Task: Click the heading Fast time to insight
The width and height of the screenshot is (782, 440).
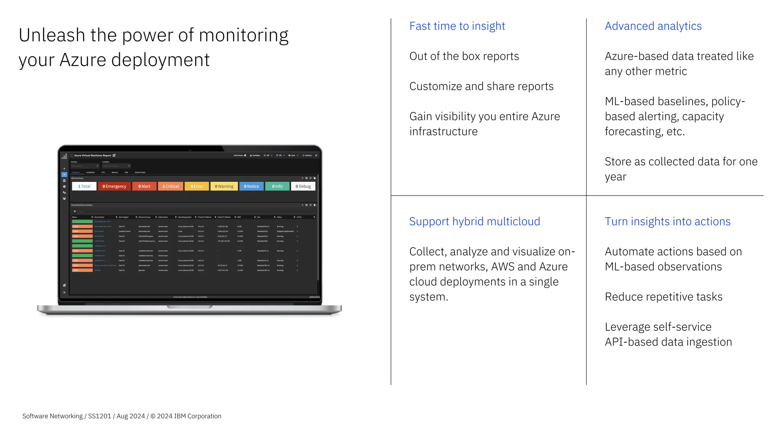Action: point(457,26)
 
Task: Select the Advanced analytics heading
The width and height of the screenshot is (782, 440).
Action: point(653,26)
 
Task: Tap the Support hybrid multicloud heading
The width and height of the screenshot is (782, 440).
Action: point(474,222)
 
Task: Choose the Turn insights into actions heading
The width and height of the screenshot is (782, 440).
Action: point(667,222)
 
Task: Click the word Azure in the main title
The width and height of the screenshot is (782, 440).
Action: point(82,60)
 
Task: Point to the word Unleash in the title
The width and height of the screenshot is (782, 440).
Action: point(52,35)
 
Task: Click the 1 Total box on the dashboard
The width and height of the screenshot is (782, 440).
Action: point(84,186)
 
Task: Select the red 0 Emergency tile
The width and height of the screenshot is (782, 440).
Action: point(114,186)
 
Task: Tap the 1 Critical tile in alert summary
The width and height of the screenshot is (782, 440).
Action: point(170,186)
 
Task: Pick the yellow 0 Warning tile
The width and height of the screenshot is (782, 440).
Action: point(224,186)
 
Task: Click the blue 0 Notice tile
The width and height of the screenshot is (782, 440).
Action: point(251,186)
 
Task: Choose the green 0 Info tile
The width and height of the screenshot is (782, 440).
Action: point(277,186)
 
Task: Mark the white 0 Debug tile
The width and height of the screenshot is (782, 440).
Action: point(303,186)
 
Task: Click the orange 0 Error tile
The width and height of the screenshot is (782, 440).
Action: point(197,186)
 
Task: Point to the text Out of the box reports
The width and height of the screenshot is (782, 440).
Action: point(464,56)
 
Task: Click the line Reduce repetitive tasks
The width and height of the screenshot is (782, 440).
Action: point(663,297)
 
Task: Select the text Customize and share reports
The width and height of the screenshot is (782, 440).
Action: point(481,86)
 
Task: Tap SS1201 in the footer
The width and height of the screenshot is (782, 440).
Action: point(99,416)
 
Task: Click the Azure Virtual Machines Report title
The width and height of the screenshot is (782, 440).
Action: point(92,155)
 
